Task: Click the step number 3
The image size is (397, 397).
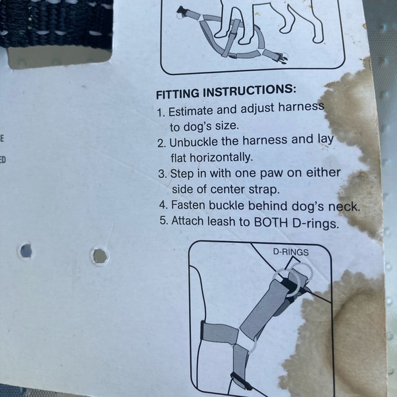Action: click(162, 174)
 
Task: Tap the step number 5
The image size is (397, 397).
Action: click(162, 222)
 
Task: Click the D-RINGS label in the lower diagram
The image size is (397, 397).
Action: click(290, 252)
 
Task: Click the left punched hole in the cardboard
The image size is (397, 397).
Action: click(25, 251)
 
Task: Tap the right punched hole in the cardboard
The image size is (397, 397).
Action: click(100, 256)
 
